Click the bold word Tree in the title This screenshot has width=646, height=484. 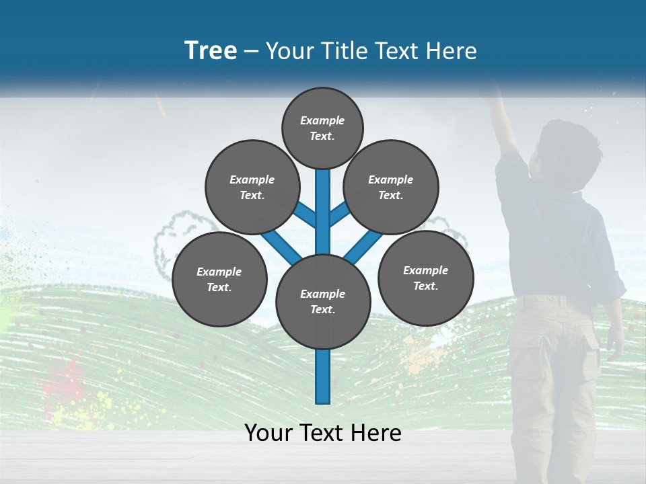pyautogui.click(x=211, y=50)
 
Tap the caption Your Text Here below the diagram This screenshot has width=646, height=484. pyautogui.click(x=323, y=433)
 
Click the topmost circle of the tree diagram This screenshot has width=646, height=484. pyautogui.click(x=322, y=128)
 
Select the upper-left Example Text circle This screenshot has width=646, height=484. pyautogui.click(x=252, y=187)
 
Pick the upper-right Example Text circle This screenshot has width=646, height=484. pyautogui.click(x=390, y=187)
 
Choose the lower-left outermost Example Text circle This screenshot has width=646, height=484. pyautogui.click(x=219, y=279)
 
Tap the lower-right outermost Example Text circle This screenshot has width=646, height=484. pyautogui.click(x=425, y=278)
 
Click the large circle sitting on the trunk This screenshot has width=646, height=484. pyautogui.click(x=323, y=301)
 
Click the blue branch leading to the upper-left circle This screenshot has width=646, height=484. pyautogui.click(x=306, y=214)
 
